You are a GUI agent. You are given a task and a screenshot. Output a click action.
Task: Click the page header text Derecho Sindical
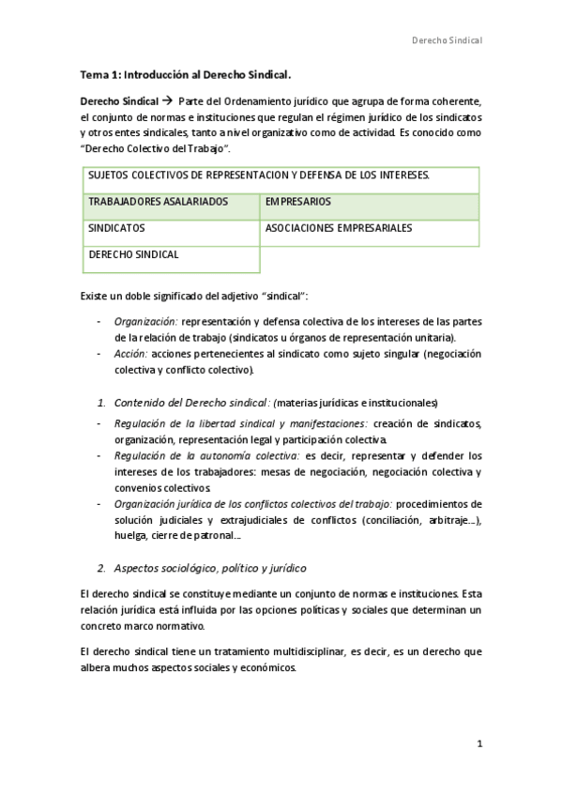[448, 40]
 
